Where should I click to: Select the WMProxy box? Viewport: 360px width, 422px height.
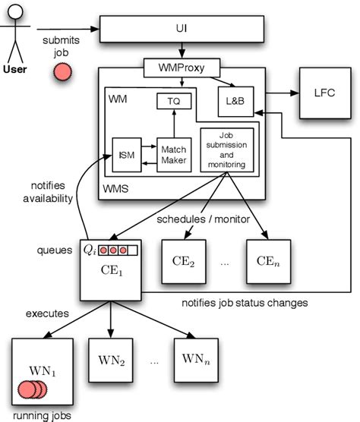(x=180, y=68)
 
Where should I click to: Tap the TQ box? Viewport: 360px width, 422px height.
(x=174, y=101)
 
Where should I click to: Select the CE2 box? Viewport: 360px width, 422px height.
(x=184, y=262)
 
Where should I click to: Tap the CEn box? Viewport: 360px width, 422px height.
(x=267, y=262)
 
